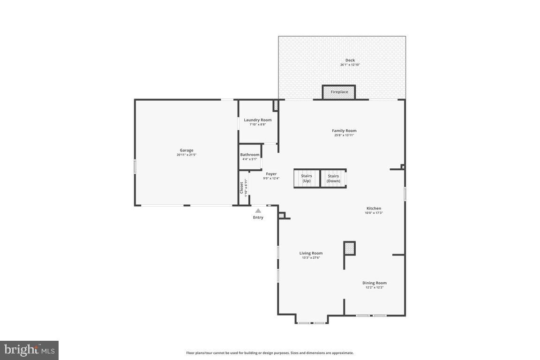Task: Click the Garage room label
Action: pos(186,150)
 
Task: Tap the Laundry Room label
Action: pos(257,120)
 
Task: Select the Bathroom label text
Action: pos(249,155)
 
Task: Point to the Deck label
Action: pos(350,60)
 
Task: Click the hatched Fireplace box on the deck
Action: pos(339,92)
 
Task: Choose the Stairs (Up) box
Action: pos(306,179)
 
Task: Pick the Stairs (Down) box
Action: pos(333,179)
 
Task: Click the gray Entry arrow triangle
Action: pos(258,211)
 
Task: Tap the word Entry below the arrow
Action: pos(258,217)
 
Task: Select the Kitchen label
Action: pos(374,208)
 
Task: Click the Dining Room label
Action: pos(374,283)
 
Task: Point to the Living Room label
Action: pos(311,253)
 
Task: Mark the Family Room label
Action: pos(344,131)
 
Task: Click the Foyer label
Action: pos(271,174)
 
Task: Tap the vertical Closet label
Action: pos(242,187)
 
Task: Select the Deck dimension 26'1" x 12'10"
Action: pos(350,65)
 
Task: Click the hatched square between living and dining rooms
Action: pos(349,248)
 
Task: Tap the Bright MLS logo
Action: pos(29,350)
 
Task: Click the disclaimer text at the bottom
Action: pos(270,353)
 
